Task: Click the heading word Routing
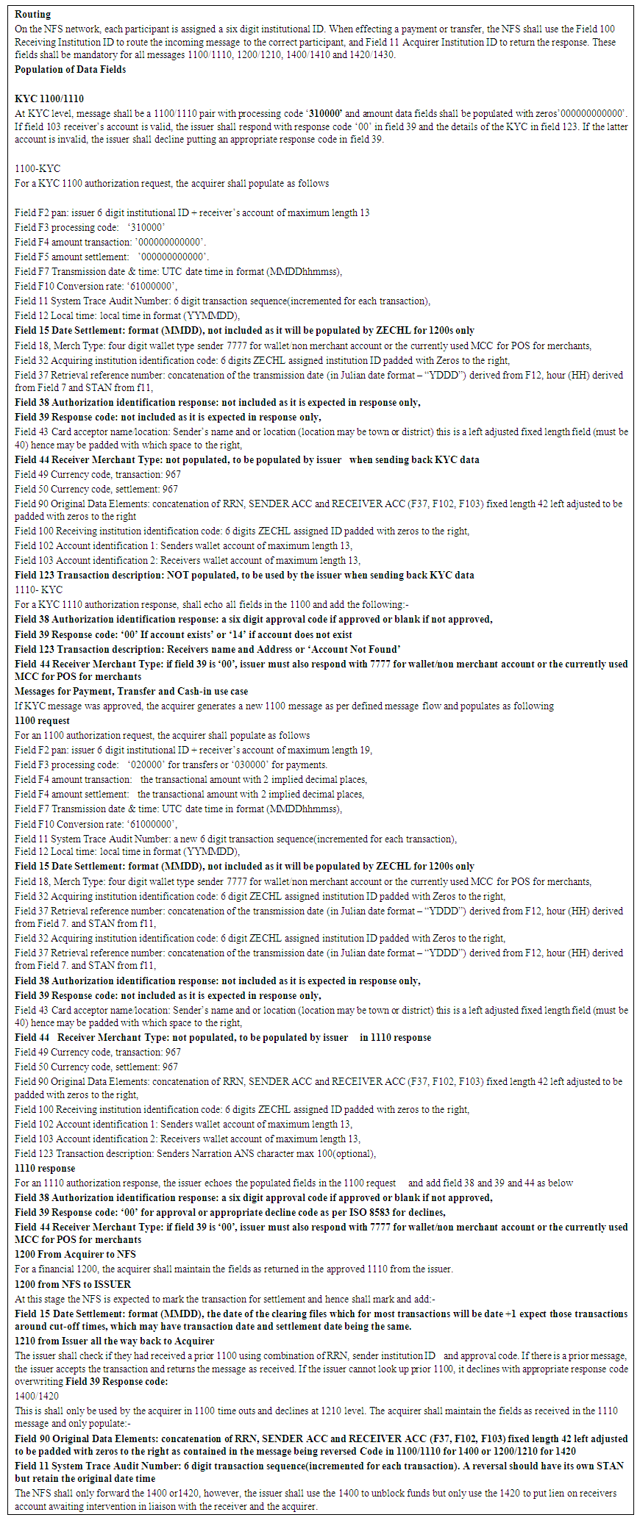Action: click(x=32, y=14)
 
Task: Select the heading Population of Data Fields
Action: click(x=70, y=69)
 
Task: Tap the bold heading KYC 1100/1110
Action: click(x=49, y=98)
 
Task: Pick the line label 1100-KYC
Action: click(x=38, y=168)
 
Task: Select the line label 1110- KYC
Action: click(x=38, y=590)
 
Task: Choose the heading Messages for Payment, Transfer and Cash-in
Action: click(x=131, y=691)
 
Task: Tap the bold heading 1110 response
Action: click(x=44, y=1168)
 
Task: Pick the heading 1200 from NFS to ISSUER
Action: click(x=72, y=1284)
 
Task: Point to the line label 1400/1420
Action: click(x=37, y=1396)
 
